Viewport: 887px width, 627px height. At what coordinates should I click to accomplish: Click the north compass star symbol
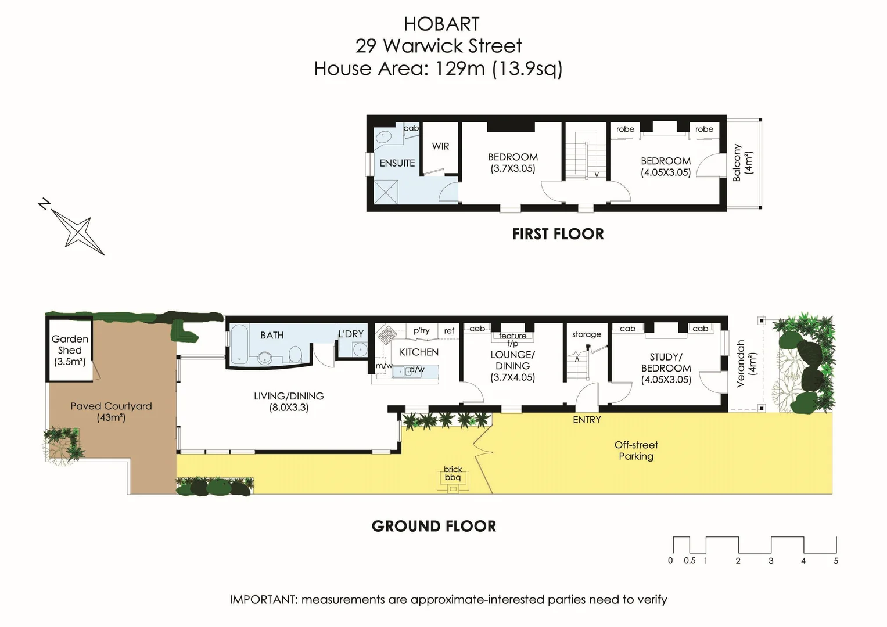click(x=77, y=230)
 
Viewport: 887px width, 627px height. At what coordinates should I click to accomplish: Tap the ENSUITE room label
click(x=397, y=163)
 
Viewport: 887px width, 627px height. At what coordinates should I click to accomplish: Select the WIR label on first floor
click(x=440, y=146)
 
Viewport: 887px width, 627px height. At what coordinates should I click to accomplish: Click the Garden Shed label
click(x=70, y=344)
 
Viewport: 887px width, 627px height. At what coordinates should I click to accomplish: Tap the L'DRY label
click(x=351, y=334)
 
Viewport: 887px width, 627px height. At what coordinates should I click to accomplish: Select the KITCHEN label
click(x=419, y=352)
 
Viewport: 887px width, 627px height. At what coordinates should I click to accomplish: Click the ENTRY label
click(x=587, y=420)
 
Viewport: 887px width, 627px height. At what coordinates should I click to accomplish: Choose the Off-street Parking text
click(x=636, y=451)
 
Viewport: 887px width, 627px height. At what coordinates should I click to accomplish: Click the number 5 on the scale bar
click(x=836, y=561)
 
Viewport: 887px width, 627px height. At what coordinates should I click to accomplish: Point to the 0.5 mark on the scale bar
click(x=690, y=561)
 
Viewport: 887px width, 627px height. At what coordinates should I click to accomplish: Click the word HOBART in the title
click(x=441, y=24)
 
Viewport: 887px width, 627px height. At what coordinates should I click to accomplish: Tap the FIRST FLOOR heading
click(x=558, y=234)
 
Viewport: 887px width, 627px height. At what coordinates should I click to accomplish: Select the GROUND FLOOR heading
click(x=434, y=527)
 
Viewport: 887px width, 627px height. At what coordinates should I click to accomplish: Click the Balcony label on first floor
click(x=737, y=163)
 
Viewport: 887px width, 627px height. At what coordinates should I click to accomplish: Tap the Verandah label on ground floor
click(x=741, y=364)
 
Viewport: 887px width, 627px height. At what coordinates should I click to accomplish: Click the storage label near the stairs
click(x=586, y=334)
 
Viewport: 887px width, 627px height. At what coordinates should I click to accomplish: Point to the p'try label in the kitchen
click(x=421, y=331)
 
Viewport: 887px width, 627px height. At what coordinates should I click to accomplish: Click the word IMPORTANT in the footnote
click(x=263, y=600)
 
